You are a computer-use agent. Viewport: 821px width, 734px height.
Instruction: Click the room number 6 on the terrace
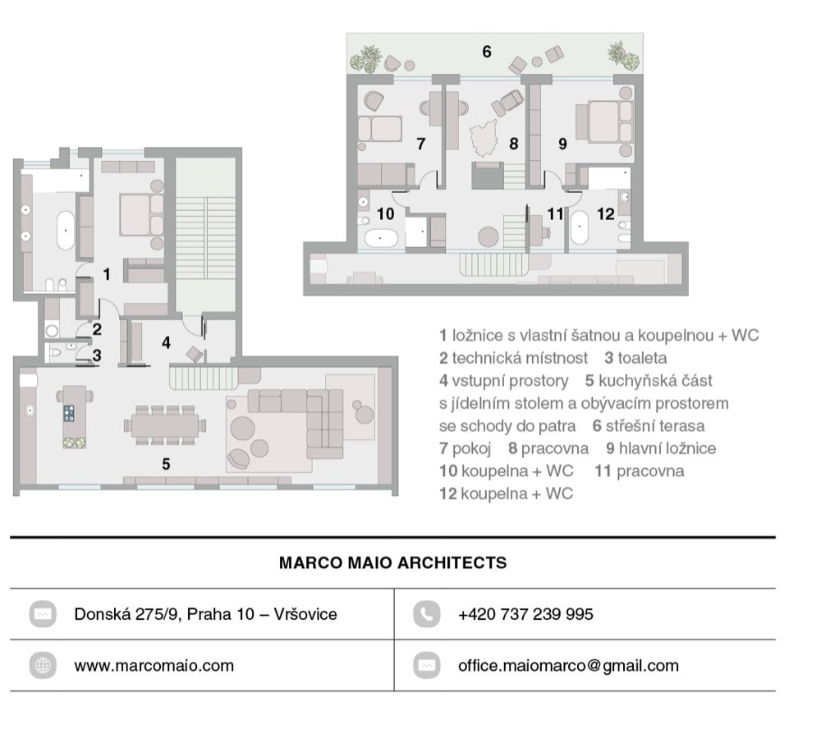(486, 51)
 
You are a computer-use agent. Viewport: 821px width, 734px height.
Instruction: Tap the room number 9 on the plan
(562, 144)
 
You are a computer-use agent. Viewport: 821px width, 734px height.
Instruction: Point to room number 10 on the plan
(385, 213)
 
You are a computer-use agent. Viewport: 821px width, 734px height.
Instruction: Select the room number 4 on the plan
(166, 342)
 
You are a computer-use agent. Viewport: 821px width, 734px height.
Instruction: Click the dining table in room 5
(165, 425)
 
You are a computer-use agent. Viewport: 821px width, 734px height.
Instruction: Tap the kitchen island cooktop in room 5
(69, 413)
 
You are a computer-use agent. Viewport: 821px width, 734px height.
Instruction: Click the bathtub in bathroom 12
(579, 227)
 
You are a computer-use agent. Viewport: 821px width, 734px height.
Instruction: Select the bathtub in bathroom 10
(381, 238)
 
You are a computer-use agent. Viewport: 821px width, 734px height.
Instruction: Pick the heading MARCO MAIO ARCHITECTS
(392, 562)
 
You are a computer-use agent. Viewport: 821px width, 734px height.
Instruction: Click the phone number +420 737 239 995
(525, 613)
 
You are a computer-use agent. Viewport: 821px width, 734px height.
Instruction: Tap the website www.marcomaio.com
(154, 665)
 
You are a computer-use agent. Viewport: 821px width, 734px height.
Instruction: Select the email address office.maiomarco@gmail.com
(568, 665)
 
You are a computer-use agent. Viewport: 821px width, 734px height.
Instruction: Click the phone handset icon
(426, 613)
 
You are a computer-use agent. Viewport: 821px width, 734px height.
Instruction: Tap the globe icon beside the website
(43, 665)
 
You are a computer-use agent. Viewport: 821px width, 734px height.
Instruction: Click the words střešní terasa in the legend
(655, 425)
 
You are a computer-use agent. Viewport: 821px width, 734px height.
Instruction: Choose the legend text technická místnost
(520, 358)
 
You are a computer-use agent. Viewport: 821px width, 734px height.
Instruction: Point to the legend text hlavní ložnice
(667, 448)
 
